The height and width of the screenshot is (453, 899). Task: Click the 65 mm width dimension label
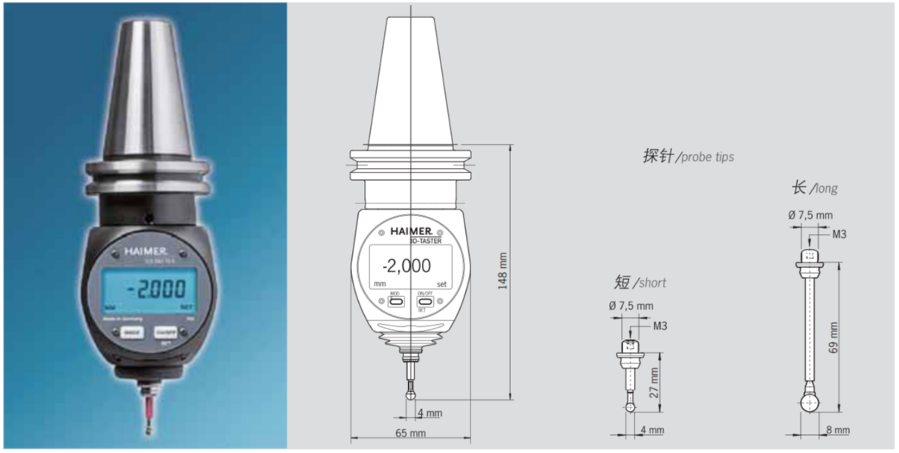click(x=410, y=433)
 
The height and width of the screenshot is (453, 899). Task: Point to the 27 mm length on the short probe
click(x=654, y=382)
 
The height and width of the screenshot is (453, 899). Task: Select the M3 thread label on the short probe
click(x=659, y=325)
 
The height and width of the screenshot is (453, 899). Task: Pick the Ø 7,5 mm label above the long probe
click(x=810, y=215)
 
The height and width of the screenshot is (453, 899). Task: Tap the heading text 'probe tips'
click(x=706, y=157)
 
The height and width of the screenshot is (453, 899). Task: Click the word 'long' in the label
click(x=825, y=188)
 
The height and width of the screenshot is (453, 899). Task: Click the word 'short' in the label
click(x=650, y=283)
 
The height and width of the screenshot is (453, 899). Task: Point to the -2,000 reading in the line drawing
click(x=406, y=265)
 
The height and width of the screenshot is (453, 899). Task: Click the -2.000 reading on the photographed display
click(x=151, y=289)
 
